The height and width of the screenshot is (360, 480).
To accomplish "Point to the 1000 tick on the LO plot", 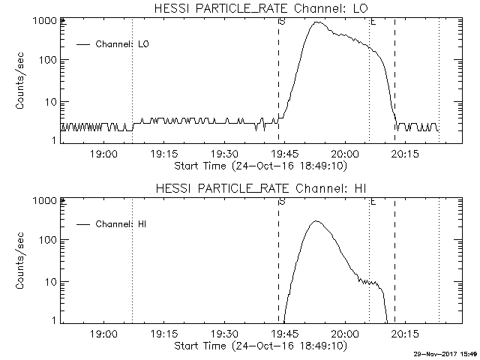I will tap(45, 20).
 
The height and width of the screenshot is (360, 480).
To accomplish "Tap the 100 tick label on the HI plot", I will tap(48, 240).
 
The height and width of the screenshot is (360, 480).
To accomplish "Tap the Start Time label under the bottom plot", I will tap(259, 345).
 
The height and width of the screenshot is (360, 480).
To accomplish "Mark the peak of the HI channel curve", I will tap(316, 221).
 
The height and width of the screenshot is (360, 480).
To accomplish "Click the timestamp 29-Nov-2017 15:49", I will tap(445, 354).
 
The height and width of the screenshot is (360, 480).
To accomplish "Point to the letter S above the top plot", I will tap(281, 21).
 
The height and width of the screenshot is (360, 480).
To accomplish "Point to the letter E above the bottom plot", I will tap(373, 201).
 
